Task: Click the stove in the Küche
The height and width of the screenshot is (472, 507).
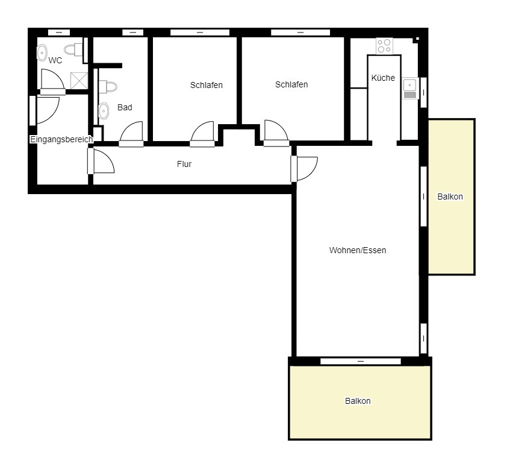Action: coord(384,46)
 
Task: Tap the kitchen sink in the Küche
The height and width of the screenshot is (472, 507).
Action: coord(410,89)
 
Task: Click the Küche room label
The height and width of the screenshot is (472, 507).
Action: coord(383,78)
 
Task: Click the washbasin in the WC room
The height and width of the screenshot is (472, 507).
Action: coord(42,53)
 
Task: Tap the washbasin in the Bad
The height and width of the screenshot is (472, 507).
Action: coord(104,111)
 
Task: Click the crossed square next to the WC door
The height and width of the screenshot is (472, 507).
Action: coord(79,81)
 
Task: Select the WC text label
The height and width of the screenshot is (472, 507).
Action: coord(55,61)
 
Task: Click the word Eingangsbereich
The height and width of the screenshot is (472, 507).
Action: coord(61,139)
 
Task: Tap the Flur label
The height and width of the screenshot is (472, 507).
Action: coord(184,164)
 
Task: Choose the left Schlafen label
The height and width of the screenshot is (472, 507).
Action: coord(207,85)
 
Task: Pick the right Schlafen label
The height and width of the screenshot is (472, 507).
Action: coord(291,84)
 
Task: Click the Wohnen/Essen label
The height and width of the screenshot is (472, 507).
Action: coord(358,250)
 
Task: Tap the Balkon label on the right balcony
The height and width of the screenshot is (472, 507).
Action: coord(450,197)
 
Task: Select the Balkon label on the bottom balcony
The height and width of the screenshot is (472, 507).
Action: coord(358,401)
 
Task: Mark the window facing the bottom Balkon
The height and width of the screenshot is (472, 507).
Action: coord(361,361)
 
